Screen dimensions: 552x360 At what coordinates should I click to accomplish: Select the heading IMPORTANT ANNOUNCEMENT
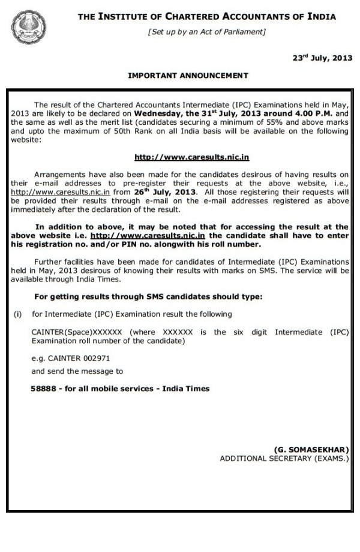click(x=188, y=76)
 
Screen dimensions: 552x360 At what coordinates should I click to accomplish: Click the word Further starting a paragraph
click(x=49, y=262)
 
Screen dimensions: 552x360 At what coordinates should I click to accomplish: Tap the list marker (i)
click(x=18, y=314)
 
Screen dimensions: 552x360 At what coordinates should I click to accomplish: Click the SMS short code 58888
click(x=43, y=389)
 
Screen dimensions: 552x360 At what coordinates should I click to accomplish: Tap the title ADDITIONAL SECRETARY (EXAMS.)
click(x=284, y=458)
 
